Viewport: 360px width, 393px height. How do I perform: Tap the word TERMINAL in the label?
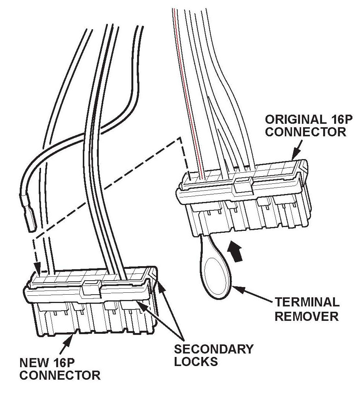click(x=307, y=302)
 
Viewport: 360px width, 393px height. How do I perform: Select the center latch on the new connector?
click(x=92, y=287)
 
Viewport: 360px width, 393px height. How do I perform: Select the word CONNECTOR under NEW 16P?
click(x=60, y=376)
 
